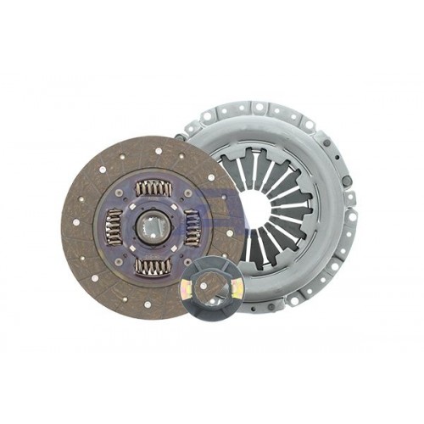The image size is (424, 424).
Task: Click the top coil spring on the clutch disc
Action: [153, 187]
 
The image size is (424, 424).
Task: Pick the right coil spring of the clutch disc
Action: [192, 227]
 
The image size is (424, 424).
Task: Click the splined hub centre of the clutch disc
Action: [153, 226]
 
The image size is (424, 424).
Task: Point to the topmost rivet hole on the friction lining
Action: [158, 149]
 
